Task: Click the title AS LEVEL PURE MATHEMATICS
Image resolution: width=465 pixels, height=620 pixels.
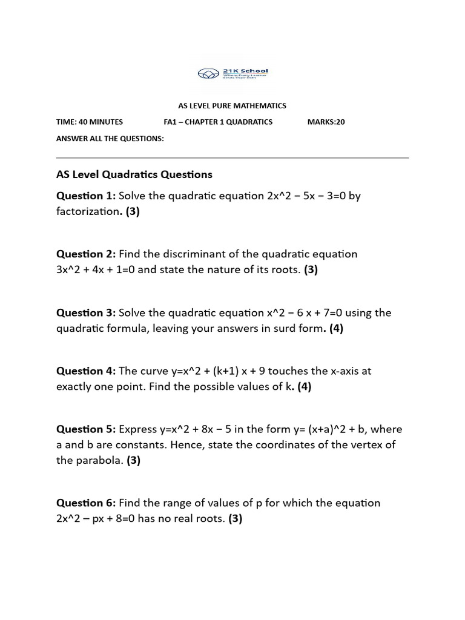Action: (232, 106)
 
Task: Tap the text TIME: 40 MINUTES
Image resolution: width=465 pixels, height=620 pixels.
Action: (90, 122)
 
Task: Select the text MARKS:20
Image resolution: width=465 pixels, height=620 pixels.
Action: (326, 122)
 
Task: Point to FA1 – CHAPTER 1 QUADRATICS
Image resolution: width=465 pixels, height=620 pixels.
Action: (218, 122)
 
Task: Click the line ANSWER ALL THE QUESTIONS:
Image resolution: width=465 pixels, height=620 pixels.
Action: (110, 139)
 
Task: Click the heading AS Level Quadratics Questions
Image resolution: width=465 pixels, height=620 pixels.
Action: (134, 175)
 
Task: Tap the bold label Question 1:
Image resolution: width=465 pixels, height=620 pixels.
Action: (86, 196)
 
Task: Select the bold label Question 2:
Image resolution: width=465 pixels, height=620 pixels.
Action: (86, 254)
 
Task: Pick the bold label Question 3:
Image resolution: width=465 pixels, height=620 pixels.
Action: (86, 313)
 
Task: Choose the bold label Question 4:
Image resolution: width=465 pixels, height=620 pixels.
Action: (86, 371)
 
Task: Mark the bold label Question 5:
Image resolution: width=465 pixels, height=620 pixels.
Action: (86, 429)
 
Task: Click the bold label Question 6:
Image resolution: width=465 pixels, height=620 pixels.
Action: (86, 503)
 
